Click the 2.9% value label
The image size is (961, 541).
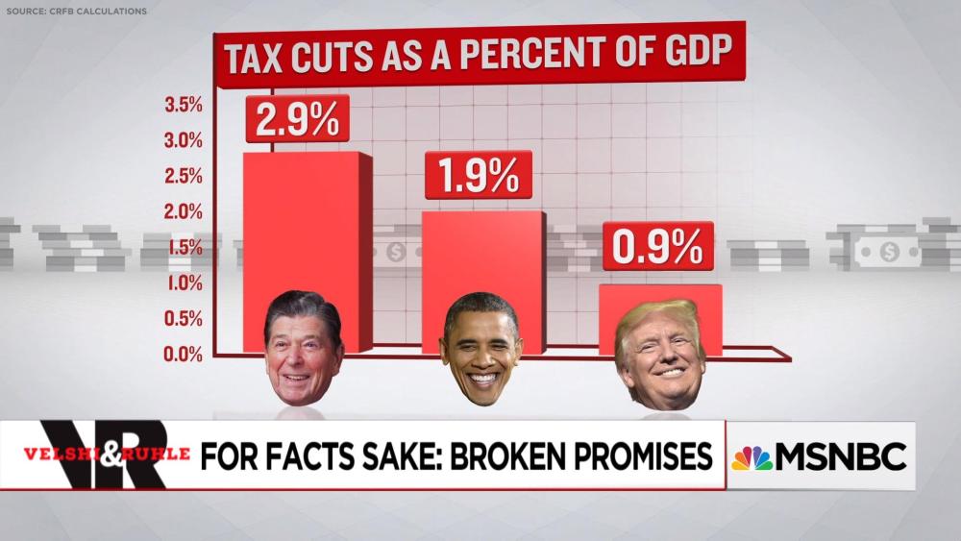297,119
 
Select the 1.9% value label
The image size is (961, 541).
478,175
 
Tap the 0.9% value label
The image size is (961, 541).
657,247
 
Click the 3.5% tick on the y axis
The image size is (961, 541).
184,105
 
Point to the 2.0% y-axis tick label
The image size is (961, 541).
184,211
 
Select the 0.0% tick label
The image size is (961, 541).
184,354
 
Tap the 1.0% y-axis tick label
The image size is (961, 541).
184,283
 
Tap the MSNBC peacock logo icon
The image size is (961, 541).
752,458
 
